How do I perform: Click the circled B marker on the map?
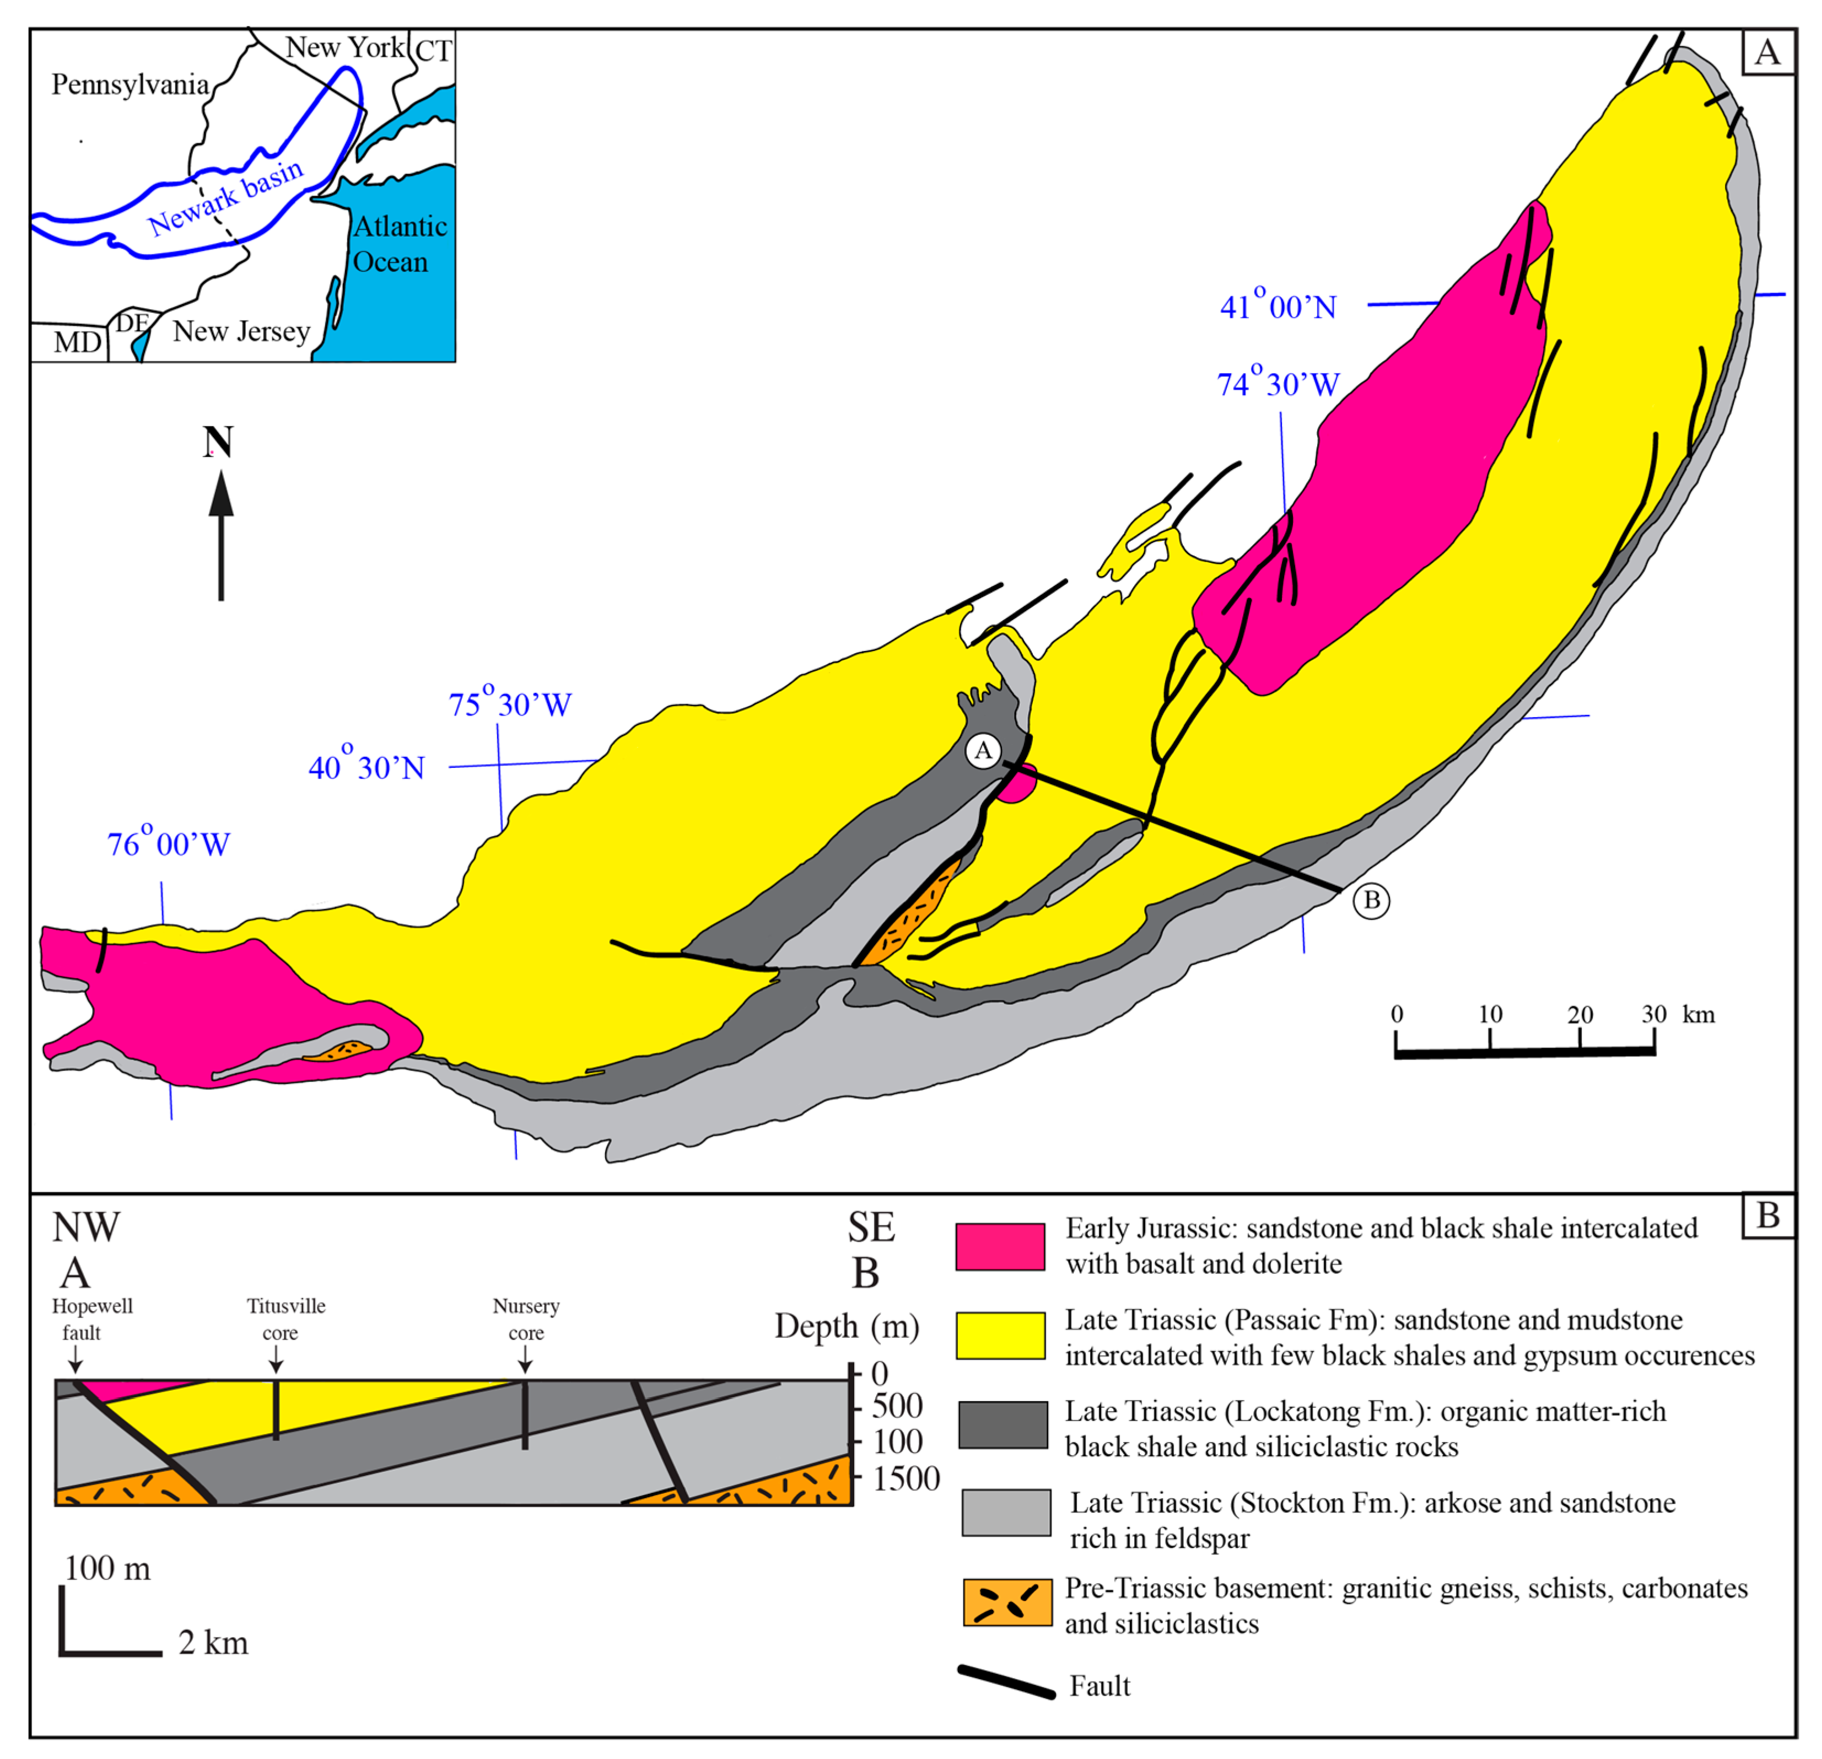click(1371, 900)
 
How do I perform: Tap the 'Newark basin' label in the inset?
click(226, 197)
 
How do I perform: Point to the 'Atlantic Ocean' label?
click(400, 244)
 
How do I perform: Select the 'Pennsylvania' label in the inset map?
click(130, 84)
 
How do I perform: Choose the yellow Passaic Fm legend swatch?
click(1000, 1336)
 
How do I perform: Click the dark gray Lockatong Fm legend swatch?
click(1003, 1426)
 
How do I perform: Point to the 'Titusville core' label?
click(285, 1319)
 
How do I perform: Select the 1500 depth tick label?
click(907, 1479)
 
